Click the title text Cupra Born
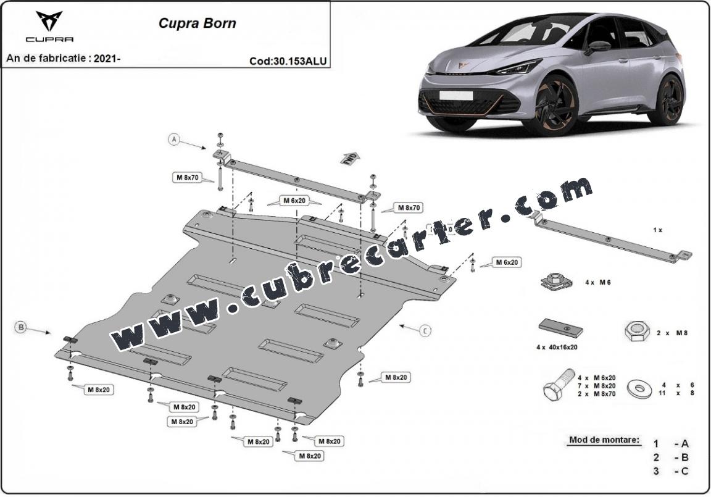coord(197,24)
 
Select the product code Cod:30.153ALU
coord(288,61)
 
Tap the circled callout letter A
coord(175,140)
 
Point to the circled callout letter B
coord(21,327)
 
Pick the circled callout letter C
coord(425,331)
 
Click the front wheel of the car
coord(549,105)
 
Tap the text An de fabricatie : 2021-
coord(63,59)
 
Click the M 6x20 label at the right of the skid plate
coord(507,262)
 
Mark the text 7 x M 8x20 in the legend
coord(597,385)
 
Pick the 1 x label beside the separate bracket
coord(657,230)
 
